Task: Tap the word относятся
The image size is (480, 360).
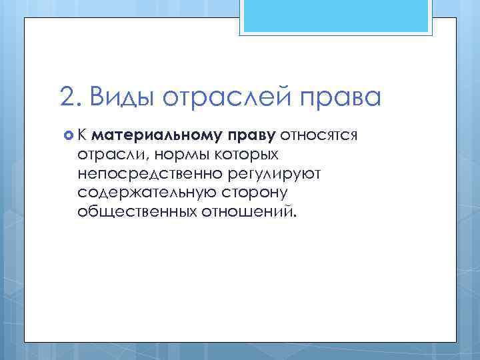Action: click(319, 136)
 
